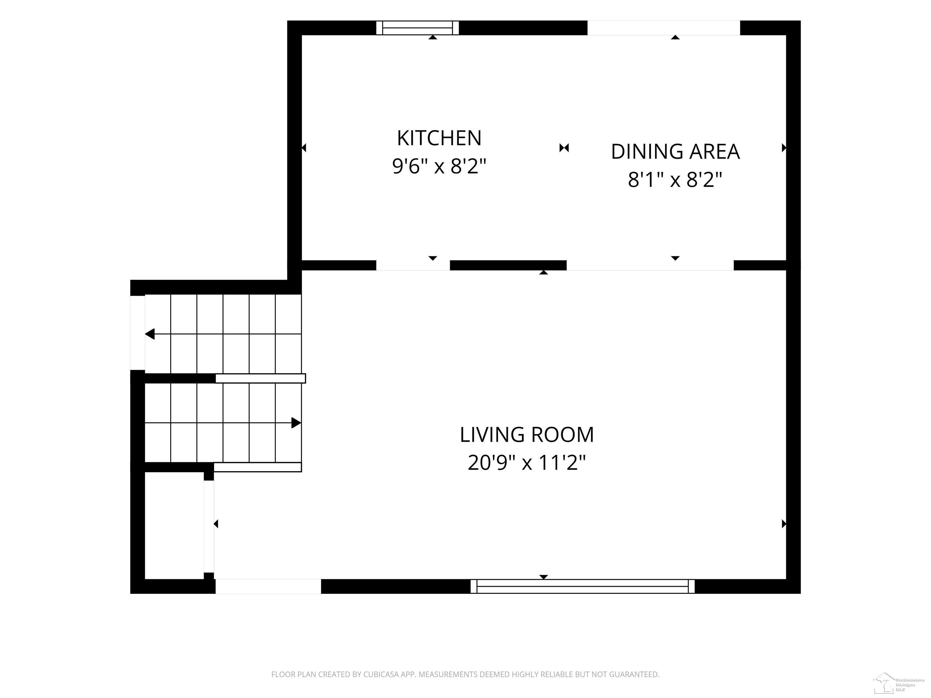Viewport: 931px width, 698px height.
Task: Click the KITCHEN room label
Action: (x=439, y=138)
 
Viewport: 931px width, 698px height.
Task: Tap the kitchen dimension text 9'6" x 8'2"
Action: (x=439, y=167)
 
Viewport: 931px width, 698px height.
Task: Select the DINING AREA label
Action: (x=675, y=152)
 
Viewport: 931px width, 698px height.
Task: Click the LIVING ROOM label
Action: (x=526, y=435)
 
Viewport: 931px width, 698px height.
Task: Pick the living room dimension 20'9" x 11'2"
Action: (x=526, y=463)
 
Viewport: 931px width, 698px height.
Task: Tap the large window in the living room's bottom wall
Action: (x=582, y=586)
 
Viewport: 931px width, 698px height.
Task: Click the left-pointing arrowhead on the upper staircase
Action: (x=150, y=334)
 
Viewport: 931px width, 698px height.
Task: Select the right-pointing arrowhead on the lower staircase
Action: (x=296, y=423)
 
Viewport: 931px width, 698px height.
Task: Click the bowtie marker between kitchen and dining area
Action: (x=564, y=148)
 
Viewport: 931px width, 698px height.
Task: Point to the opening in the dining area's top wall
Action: (x=664, y=28)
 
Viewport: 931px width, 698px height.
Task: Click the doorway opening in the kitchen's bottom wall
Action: (x=413, y=265)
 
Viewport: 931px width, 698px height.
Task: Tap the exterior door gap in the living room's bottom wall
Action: (x=268, y=586)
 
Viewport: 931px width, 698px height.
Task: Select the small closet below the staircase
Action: (x=174, y=526)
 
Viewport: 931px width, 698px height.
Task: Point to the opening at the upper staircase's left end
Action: (x=138, y=333)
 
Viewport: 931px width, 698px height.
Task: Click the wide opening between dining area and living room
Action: (x=650, y=265)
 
